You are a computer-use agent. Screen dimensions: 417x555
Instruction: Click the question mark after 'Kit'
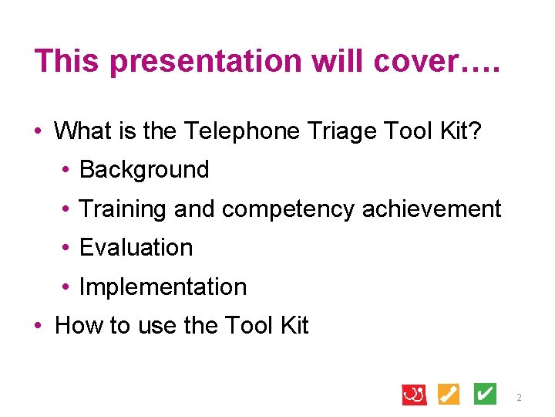pyautogui.click(x=475, y=131)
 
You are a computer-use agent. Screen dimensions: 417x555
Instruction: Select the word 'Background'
pyautogui.click(x=144, y=170)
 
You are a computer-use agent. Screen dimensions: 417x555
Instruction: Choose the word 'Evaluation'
pyautogui.click(x=136, y=248)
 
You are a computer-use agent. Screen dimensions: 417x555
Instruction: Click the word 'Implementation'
pyautogui.click(x=163, y=286)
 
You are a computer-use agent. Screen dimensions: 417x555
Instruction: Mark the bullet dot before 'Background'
pyautogui.click(x=69, y=170)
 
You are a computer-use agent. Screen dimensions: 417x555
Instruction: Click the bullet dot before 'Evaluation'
pyautogui.click(x=69, y=248)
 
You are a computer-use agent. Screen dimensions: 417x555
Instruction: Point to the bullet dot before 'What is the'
pyautogui.click(x=43, y=131)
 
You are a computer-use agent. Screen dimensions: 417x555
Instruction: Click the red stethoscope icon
pyautogui.click(x=414, y=394)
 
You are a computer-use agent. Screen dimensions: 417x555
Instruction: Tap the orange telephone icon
pyautogui.click(x=449, y=394)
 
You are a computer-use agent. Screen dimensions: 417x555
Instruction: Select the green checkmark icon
pyautogui.click(x=484, y=394)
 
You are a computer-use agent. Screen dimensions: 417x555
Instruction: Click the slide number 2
pyautogui.click(x=519, y=398)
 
